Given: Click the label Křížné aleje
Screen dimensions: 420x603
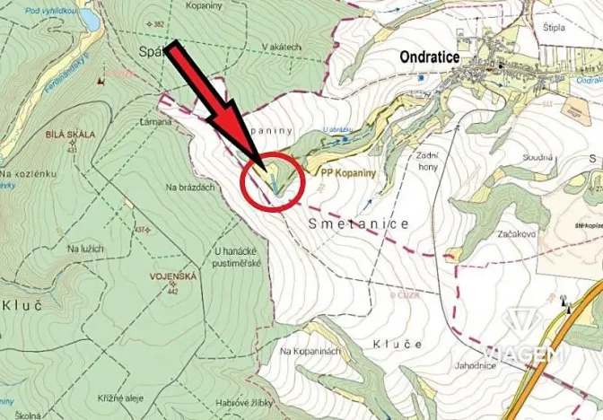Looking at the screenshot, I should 118,395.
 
